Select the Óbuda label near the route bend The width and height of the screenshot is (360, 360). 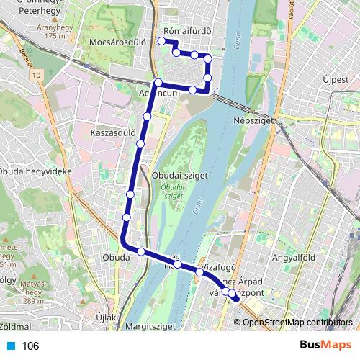click(x=114, y=257)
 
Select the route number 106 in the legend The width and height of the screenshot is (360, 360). click(x=30, y=346)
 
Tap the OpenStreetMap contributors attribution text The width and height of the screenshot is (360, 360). click(x=296, y=322)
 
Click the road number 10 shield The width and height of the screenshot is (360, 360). click(x=37, y=73)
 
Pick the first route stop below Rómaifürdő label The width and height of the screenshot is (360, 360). click(x=161, y=42)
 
